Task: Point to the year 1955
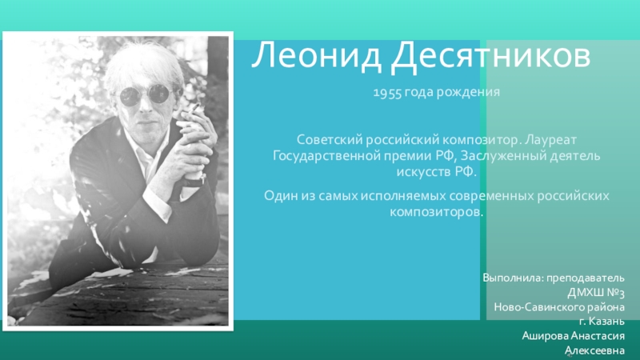pos(387,93)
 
